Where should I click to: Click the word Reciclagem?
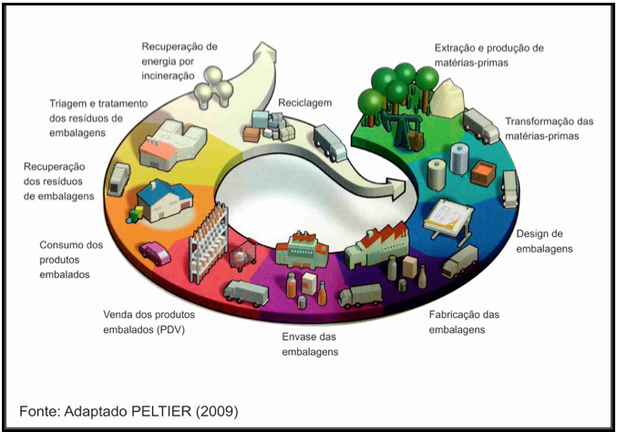tap(305, 104)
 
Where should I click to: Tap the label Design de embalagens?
tap(544, 242)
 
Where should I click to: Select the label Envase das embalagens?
tap(310, 345)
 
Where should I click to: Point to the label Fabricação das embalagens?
tap(464, 322)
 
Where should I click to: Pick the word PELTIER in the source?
tap(161, 411)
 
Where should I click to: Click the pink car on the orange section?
tap(156, 252)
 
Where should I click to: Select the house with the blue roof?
tap(164, 201)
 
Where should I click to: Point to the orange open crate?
tap(483, 173)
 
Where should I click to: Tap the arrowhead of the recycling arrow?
tap(396, 189)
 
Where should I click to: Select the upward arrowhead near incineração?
tap(263, 51)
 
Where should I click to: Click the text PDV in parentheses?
tap(170, 329)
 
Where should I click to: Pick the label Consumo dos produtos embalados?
tap(71, 260)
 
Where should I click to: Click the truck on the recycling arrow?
tap(330, 143)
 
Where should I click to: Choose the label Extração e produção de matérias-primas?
tap(489, 56)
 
